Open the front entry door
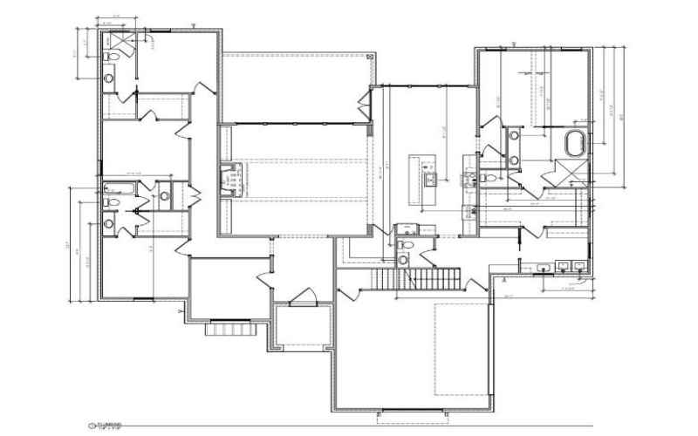[304, 298]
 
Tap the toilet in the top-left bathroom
[108, 58]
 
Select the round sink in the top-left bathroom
[109, 78]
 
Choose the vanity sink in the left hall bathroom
[108, 224]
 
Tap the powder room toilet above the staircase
[403, 247]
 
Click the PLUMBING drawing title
[112, 424]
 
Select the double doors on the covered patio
[364, 108]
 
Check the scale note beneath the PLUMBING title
[110, 429]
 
